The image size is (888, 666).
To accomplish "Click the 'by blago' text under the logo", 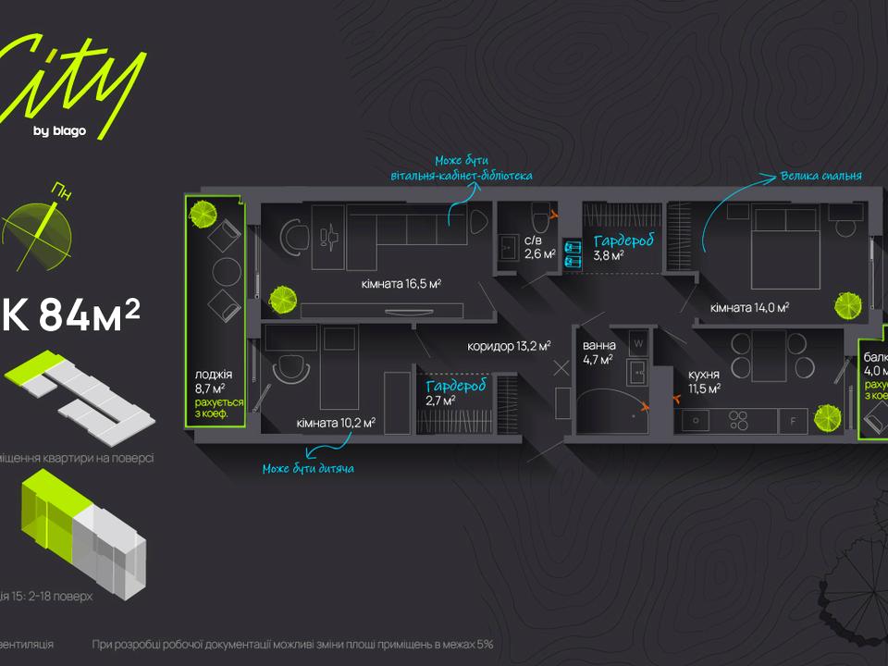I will (x=59, y=131).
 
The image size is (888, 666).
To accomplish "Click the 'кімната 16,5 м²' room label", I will (x=401, y=284).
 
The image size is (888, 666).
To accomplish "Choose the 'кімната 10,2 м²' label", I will (x=336, y=423).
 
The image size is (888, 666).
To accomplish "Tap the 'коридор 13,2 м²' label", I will (x=509, y=346).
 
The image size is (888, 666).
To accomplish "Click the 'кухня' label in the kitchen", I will (x=704, y=375).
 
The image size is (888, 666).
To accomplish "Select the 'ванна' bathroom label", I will (x=598, y=347).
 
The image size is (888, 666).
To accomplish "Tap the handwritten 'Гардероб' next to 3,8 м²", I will (x=625, y=240).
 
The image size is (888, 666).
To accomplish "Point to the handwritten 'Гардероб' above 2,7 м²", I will (x=456, y=387).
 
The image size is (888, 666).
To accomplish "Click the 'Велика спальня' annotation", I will (x=820, y=175).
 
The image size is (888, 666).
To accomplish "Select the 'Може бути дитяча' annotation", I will (x=308, y=468).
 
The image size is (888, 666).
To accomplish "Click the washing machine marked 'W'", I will (x=637, y=344).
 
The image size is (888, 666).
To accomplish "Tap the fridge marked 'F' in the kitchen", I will (x=792, y=421).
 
